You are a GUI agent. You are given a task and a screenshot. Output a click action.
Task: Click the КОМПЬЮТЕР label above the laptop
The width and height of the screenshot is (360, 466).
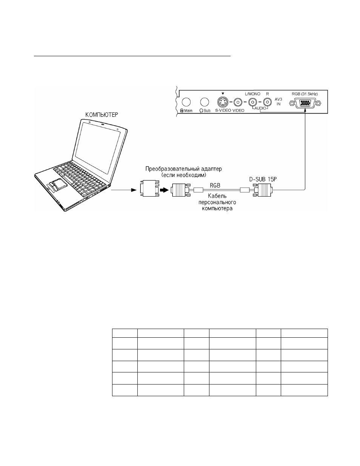click(x=102, y=115)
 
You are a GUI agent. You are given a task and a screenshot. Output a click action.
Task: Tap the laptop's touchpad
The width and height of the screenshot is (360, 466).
click(x=58, y=183)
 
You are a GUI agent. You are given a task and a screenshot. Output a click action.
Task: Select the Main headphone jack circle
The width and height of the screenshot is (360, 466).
click(x=186, y=102)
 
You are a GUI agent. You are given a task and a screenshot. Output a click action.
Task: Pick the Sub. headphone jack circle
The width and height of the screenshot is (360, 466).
click(x=205, y=102)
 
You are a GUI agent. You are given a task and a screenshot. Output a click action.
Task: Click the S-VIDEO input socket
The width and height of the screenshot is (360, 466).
click(x=223, y=102)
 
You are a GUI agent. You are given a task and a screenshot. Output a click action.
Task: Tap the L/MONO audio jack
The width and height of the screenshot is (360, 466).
click(x=253, y=102)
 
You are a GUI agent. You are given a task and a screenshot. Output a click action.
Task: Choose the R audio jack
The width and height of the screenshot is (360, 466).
click(x=267, y=102)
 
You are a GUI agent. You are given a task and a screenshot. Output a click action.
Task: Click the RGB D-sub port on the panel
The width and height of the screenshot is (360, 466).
click(x=305, y=103)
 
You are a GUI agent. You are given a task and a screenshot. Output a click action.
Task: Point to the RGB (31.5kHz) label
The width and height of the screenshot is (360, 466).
click(x=305, y=94)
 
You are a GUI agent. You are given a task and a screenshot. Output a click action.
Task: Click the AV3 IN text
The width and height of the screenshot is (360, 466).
click(x=278, y=102)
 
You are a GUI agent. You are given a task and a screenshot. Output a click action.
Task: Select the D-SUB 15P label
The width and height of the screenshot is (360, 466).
click(x=263, y=179)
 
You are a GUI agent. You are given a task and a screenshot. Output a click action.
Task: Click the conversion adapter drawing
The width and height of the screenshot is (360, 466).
click(x=150, y=188)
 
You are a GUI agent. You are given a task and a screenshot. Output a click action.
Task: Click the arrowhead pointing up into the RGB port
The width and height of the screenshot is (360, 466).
click(x=305, y=111)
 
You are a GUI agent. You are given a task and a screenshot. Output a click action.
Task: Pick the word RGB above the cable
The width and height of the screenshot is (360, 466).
click(x=215, y=186)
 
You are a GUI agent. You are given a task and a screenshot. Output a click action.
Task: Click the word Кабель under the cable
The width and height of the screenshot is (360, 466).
click(x=217, y=196)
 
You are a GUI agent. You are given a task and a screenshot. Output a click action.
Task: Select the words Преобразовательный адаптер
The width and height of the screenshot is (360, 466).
click(x=183, y=169)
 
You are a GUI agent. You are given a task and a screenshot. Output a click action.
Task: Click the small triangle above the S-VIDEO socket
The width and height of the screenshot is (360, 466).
click(x=223, y=94)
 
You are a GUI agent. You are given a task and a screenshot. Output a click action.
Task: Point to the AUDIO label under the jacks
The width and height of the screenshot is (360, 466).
click(x=260, y=108)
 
